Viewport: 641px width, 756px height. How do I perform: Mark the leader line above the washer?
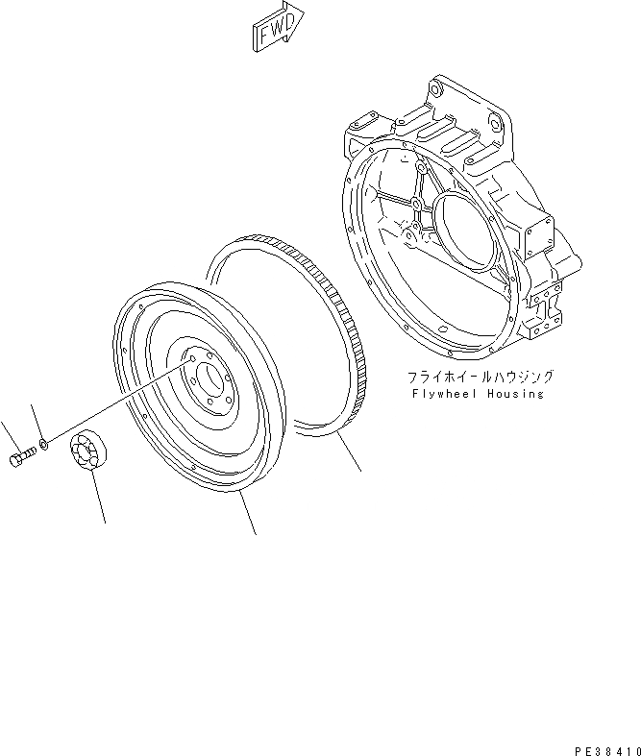tap(37, 420)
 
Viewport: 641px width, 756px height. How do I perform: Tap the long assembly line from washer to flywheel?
tap(115, 403)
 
